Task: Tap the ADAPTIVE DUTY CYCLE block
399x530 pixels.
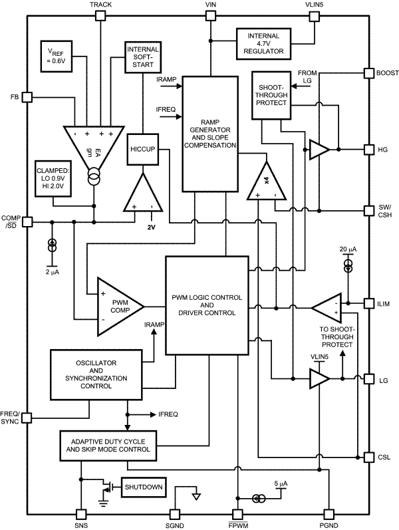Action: point(106,445)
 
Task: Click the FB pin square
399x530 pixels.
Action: point(27,98)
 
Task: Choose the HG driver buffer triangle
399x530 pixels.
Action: point(319,150)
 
